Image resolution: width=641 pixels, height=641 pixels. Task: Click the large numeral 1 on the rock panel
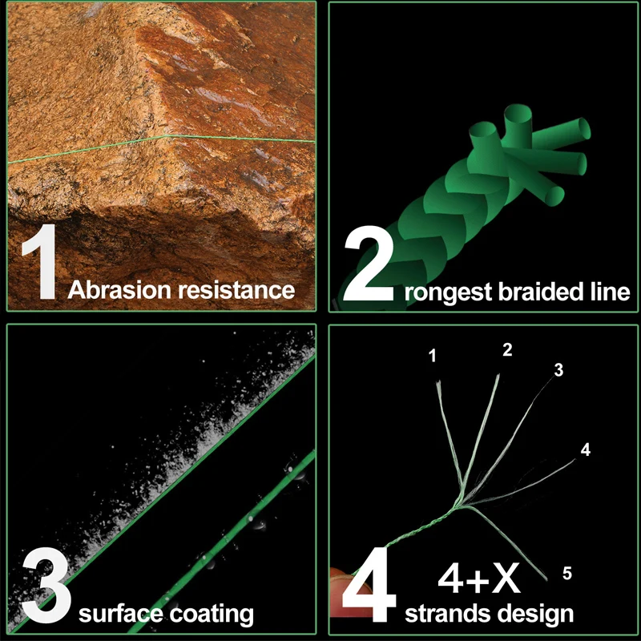tap(39, 262)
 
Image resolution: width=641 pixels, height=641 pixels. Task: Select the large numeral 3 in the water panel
tap(46, 585)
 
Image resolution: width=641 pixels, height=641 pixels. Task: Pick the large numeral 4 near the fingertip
tap(369, 585)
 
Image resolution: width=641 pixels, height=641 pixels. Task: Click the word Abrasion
tap(119, 290)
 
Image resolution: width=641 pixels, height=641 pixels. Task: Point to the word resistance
tap(236, 290)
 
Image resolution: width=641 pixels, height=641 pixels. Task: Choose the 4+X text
tap(479, 578)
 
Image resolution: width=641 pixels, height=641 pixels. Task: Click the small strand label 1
tap(433, 356)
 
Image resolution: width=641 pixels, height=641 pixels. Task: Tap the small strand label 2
tap(507, 349)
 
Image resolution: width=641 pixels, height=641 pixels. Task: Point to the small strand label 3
tap(558, 370)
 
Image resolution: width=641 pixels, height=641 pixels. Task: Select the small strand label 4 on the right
tap(586, 450)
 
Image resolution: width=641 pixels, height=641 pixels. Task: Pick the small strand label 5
tap(567, 573)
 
